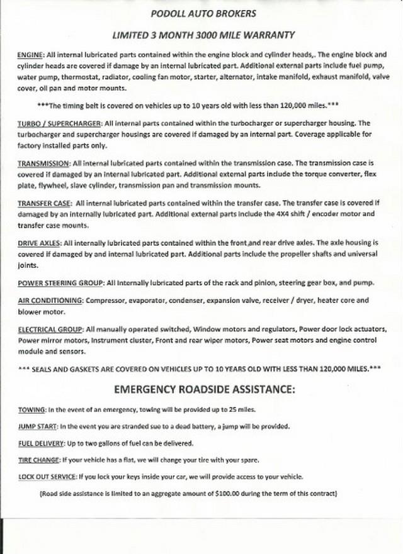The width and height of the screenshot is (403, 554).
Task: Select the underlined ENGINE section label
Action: (x=30, y=55)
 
